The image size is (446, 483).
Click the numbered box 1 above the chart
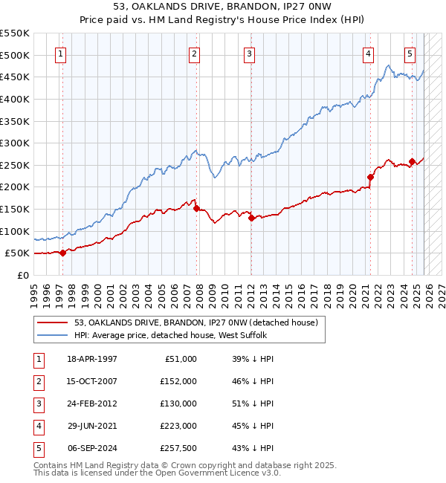tap(60, 54)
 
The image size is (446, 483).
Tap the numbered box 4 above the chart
tap(368, 54)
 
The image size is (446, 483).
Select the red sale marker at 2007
tap(196, 209)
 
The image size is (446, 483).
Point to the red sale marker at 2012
tap(251, 218)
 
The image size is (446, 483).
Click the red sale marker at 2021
tap(370, 177)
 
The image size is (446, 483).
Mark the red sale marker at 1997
tap(62, 253)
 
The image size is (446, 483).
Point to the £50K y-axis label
tap(17, 253)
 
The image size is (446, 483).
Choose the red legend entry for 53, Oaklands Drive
tap(196, 322)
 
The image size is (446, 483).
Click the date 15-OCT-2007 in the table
tap(92, 381)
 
